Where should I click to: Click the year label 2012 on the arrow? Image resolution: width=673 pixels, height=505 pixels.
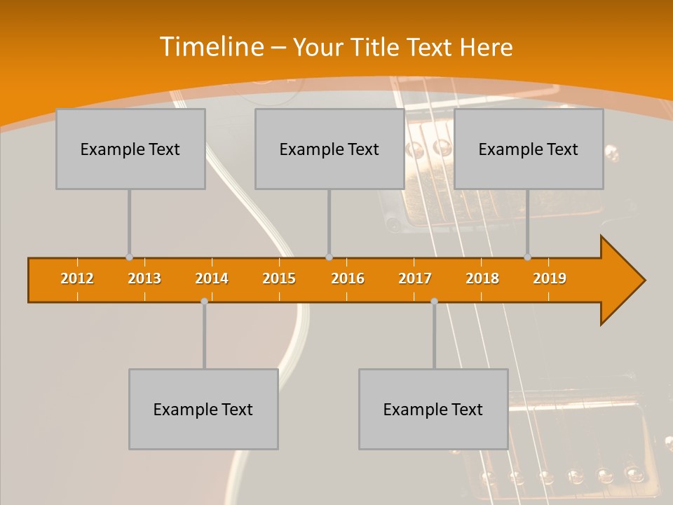[x=77, y=278]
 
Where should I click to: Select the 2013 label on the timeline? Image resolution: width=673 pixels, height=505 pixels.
[x=144, y=278]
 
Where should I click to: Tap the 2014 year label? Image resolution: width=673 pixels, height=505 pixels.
[x=212, y=278]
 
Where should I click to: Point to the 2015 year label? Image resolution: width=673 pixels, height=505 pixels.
[x=279, y=278]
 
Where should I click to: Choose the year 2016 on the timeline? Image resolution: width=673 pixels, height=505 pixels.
[x=348, y=278]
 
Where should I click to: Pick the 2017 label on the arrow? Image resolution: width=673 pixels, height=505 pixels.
[x=415, y=278]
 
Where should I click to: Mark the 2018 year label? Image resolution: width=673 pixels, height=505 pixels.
[x=482, y=278]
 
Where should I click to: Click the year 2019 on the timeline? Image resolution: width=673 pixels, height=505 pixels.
[x=550, y=278]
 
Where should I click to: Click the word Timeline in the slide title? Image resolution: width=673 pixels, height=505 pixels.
[x=212, y=47]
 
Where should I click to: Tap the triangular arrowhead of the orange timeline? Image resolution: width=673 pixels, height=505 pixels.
[x=620, y=281]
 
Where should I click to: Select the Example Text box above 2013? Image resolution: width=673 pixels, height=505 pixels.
[x=130, y=149]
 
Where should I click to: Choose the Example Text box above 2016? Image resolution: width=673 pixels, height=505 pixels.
[x=329, y=149]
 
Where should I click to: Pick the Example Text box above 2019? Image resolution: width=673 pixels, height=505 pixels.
[x=529, y=149]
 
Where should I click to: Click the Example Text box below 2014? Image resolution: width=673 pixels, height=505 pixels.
[x=203, y=409]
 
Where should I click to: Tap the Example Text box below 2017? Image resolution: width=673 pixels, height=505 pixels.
[x=433, y=409]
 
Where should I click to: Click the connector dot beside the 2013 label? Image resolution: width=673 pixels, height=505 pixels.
[x=129, y=257]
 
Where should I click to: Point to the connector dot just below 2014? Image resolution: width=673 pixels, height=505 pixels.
[x=204, y=301]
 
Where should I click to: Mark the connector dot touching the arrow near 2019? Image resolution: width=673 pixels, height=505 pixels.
[x=528, y=257]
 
